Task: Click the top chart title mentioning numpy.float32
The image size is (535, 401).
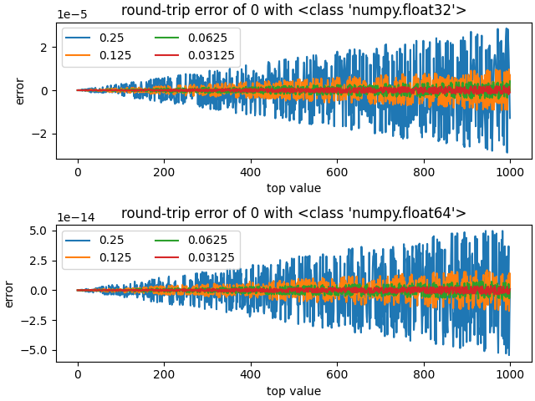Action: click(293, 11)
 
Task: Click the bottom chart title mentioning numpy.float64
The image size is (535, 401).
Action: click(293, 213)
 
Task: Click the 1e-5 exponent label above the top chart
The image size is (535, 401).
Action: click(72, 15)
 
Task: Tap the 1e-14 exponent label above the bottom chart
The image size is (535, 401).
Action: click(75, 217)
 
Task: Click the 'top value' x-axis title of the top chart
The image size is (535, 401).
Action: click(293, 188)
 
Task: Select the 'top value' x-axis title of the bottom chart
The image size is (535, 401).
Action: click(293, 390)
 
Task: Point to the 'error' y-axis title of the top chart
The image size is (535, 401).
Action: click(20, 90)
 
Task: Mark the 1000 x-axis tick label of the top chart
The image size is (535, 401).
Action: click(510, 171)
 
